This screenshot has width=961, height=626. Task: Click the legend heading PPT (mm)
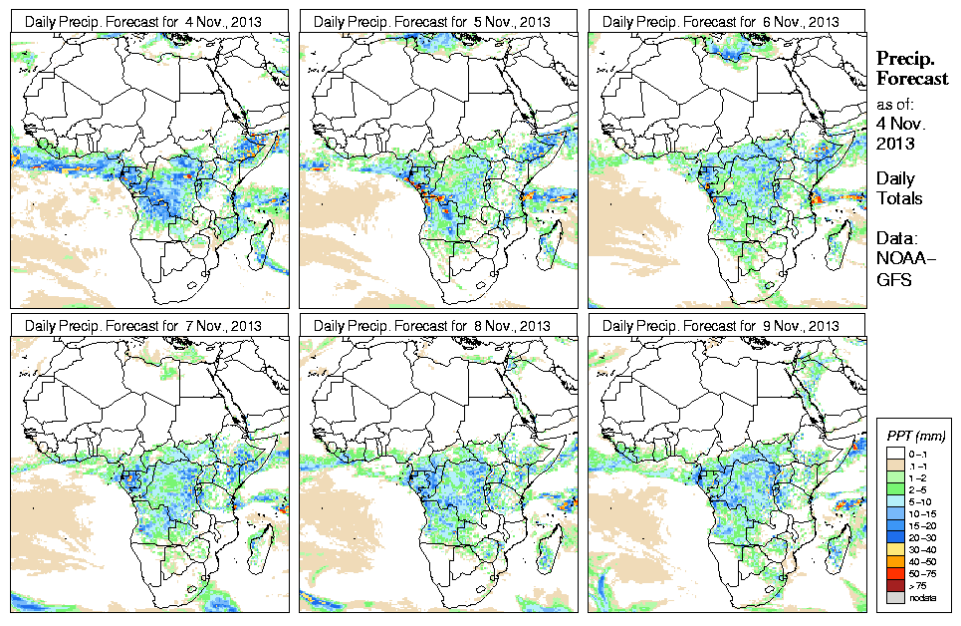click(916, 437)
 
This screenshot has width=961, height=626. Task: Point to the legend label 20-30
click(925, 537)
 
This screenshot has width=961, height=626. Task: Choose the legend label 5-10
click(925, 500)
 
